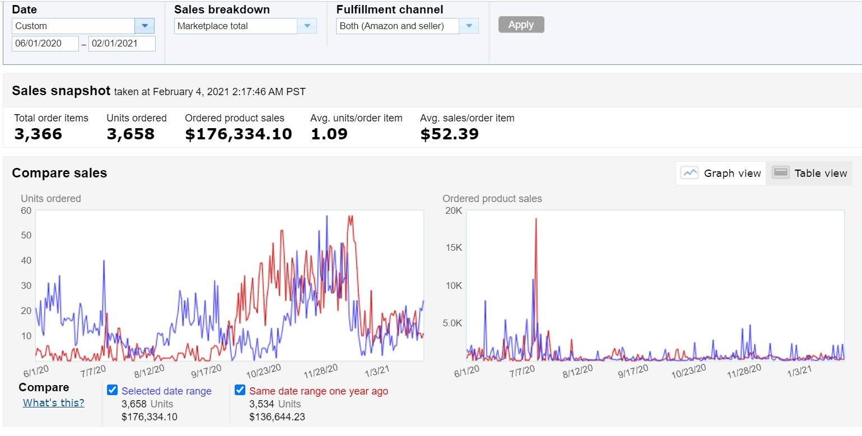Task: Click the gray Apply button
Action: pos(521,25)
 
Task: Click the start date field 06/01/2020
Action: pos(45,44)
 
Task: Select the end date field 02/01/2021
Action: pos(122,44)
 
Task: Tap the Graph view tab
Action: pos(721,173)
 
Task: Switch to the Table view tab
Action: pos(809,173)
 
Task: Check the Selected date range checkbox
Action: pos(112,391)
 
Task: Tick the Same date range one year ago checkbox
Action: pos(240,391)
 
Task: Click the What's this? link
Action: pos(54,402)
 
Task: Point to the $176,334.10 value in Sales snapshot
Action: pos(239,134)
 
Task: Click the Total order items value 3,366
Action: pos(38,134)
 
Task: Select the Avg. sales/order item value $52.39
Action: pos(449,134)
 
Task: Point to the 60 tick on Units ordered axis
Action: pos(26,210)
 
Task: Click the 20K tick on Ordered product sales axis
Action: pos(453,210)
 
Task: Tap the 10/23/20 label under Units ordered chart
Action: pos(263,372)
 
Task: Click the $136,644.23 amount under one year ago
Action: pos(277,416)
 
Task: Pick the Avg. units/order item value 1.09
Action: pos(329,134)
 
